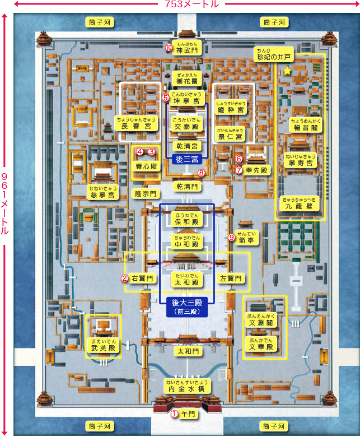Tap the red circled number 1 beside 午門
(174, 414)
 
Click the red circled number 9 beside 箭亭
(231, 238)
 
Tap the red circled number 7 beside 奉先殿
(239, 170)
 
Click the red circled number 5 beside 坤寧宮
(166, 98)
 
